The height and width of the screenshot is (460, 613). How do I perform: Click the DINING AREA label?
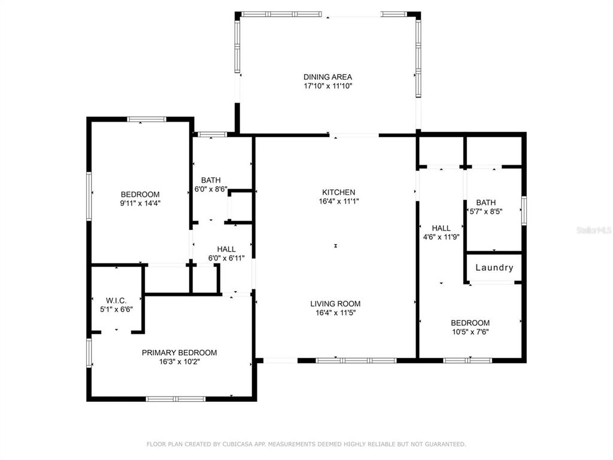327,77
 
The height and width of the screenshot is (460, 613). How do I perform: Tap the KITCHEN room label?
339,192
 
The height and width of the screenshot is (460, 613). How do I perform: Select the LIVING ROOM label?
335,304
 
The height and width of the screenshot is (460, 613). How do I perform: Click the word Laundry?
494,268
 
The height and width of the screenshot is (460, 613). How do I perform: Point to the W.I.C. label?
116,301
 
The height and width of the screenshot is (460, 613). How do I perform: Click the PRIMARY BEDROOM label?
179,352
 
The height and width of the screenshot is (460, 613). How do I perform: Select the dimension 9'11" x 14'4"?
140,203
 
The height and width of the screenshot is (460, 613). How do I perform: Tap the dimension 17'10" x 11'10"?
328,86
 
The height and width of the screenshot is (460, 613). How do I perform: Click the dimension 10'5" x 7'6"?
471,332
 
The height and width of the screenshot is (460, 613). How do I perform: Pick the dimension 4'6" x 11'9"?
441,237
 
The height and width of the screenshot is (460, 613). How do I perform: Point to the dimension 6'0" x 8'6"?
211,189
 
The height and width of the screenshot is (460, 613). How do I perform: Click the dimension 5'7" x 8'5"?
485,211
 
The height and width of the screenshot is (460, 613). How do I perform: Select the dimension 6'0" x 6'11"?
226,258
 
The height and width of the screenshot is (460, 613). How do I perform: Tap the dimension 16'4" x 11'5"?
335,313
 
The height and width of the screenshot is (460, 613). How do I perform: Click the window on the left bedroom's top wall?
147,119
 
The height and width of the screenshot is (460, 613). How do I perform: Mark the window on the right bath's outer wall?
524,211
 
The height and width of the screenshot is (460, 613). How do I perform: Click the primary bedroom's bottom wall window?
175,399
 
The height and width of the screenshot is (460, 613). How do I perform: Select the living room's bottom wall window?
356,360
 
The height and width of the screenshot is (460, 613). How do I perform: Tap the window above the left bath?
213,135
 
